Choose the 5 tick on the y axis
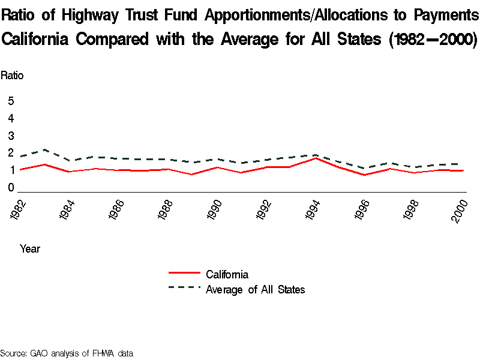tap(11, 101)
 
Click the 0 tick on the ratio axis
tap(11, 188)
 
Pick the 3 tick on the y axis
tap(11, 136)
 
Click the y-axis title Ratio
tap(12, 76)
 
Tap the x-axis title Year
tap(30, 248)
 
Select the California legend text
tap(227, 275)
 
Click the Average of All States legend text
tap(255, 290)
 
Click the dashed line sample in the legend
tap(184, 287)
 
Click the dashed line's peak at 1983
tap(45, 149)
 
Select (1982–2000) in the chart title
tap(433, 40)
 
